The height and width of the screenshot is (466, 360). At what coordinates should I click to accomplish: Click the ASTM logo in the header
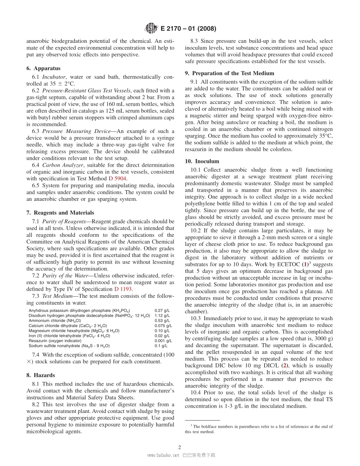[152, 28]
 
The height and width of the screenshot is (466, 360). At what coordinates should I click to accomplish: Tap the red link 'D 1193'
[123, 289]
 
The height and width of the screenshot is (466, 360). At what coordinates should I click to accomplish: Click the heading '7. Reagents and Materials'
[60, 213]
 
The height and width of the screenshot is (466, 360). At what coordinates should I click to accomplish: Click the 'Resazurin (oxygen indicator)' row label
[55, 341]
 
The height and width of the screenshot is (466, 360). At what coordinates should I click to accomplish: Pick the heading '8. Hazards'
[41, 375]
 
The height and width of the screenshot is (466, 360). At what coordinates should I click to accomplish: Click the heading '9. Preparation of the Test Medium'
[229, 73]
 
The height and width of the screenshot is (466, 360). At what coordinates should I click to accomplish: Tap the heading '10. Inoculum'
[202, 161]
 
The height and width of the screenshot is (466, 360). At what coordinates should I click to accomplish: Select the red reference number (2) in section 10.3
[284, 366]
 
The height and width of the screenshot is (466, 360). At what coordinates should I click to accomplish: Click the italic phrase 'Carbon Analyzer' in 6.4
[61, 165]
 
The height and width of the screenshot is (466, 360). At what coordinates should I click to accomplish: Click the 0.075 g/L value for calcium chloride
[163, 325]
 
